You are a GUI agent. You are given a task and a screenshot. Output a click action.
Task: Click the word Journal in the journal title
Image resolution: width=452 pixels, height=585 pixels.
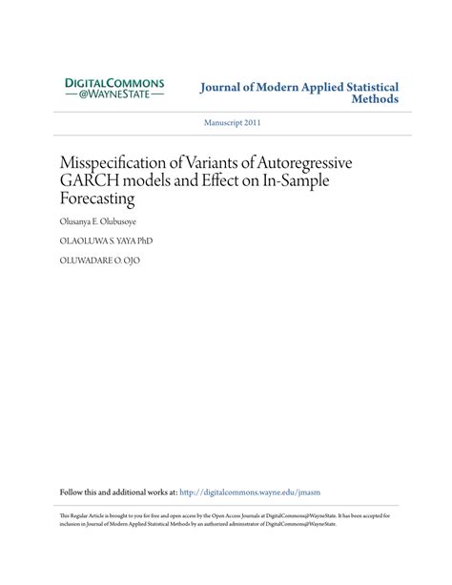[x=221, y=87]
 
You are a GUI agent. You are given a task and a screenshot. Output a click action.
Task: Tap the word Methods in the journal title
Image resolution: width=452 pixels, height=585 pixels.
[x=375, y=98]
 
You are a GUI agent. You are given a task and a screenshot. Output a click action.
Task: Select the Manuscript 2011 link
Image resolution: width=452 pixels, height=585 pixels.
[x=234, y=122]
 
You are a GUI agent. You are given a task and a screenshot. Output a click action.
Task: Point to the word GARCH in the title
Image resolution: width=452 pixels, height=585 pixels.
[x=88, y=180]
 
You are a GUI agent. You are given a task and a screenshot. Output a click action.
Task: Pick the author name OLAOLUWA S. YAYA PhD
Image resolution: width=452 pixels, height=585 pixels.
[x=106, y=240]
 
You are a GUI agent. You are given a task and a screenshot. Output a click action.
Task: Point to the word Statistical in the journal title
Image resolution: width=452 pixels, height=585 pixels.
[x=367, y=87]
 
